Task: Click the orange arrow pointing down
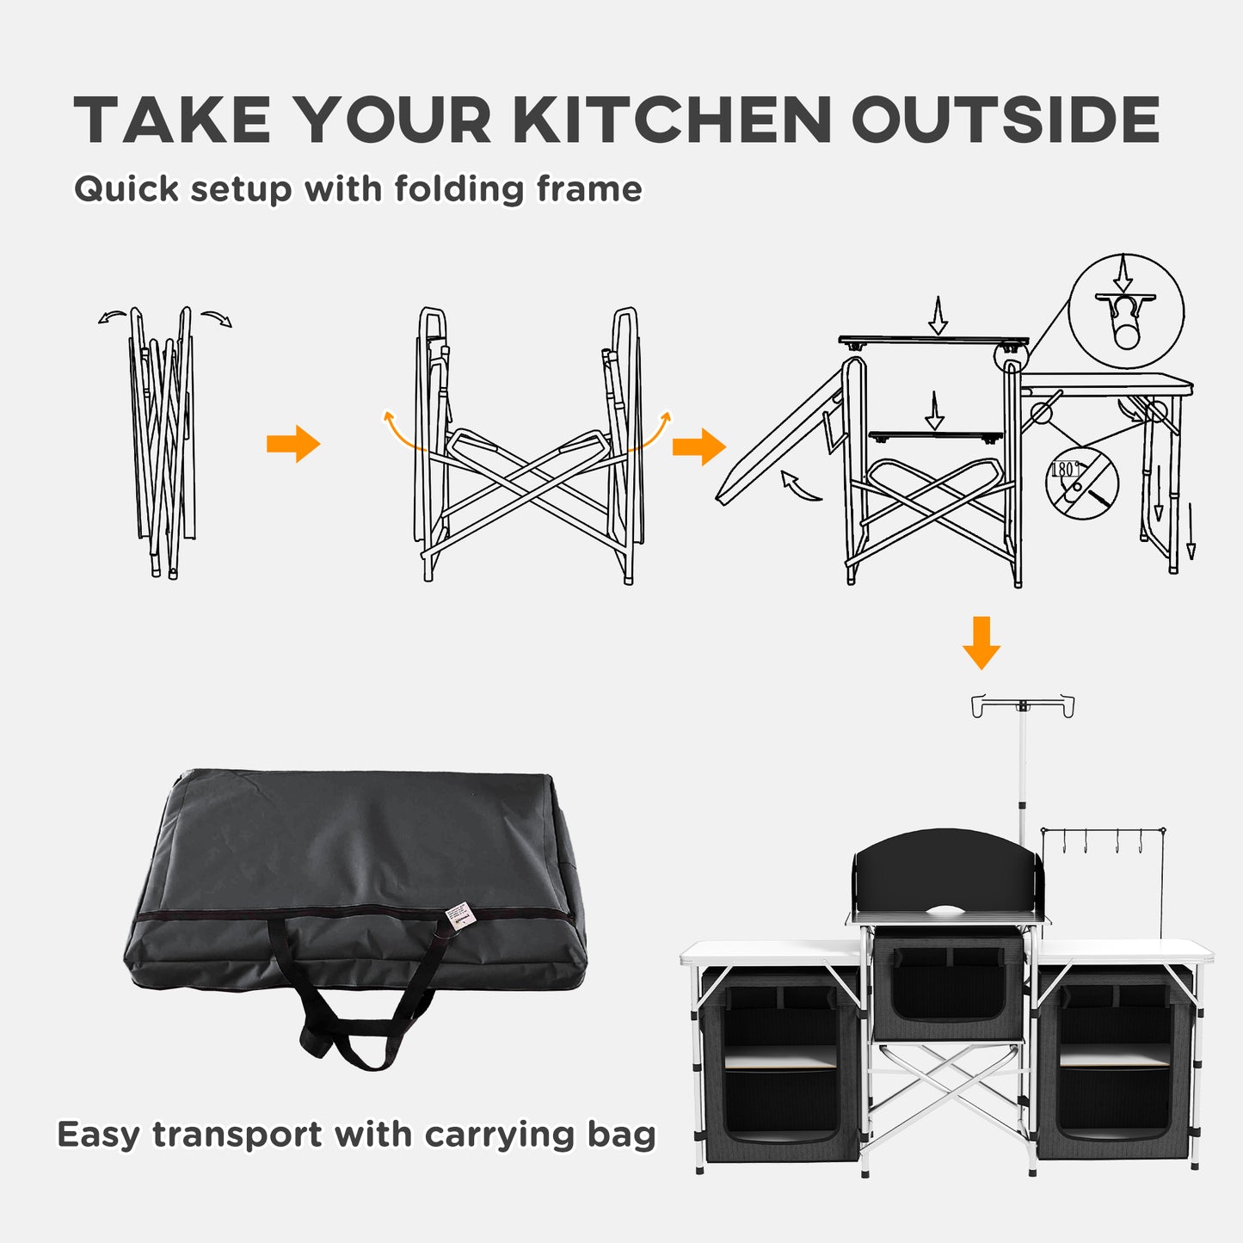(981, 642)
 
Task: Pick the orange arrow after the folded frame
(293, 444)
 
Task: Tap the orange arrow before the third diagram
(698, 446)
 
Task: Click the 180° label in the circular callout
(1065, 470)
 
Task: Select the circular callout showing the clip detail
(1126, 311)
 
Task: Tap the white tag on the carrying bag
(460, 914)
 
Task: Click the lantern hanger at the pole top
(1023, 705)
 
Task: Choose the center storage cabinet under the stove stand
(948, 987)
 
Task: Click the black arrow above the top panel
(938, 316)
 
